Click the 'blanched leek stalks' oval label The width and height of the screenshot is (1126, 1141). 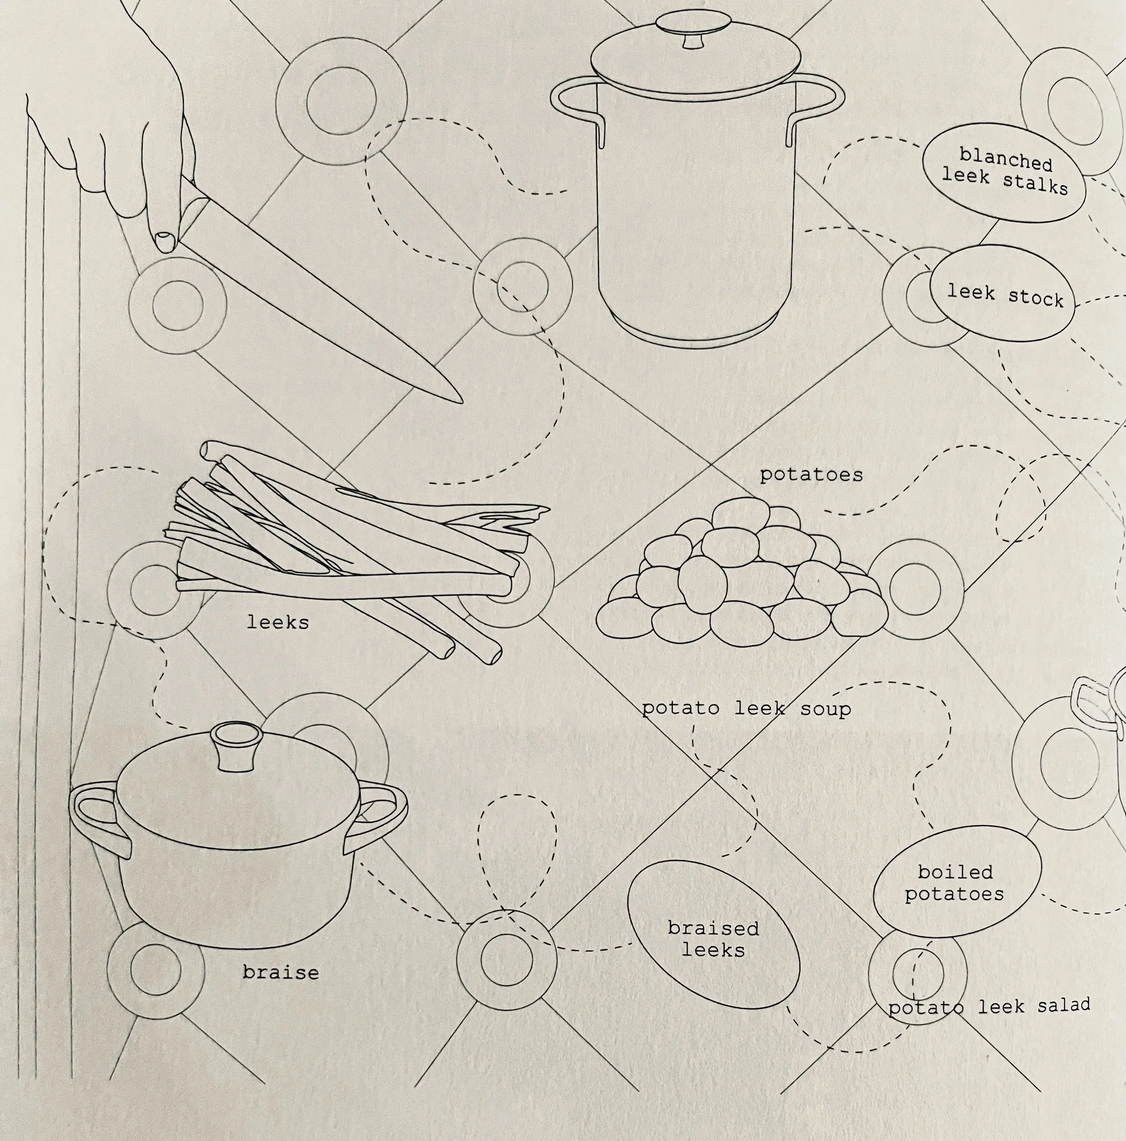1004,173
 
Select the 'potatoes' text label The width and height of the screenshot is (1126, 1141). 811,475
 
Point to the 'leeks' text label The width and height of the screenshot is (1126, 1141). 277,623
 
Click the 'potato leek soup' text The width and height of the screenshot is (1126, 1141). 746,709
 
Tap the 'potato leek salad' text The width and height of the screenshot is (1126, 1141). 989,1006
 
